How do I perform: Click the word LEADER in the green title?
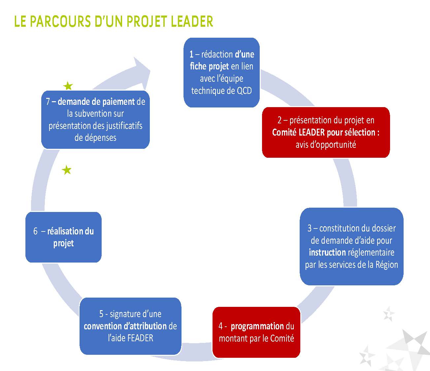pyautogui.click(x=192, y=21)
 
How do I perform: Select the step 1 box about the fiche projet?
pyautogui.click(x=221, y=72)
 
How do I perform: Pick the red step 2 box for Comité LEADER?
pyautogui.click(x=326, y=132)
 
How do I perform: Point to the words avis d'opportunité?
pyautogui.click(x=326, y=144)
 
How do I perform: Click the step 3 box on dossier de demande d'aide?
pyautogui.click(x=351, y=246)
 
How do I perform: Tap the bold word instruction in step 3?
pyautogui.click(x=327, y=252)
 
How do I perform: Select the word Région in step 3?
pyautogui.click(x=387, y=265)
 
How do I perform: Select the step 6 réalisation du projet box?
pyautogui.click(x=63, y=237)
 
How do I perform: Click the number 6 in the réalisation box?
pyautogui.click(x=35, y=231)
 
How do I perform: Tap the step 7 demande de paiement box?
pyautogui.click(x=95, y=120)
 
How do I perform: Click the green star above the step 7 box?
pyautogui.click(x=68, y=86)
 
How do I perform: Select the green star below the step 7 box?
pyautogui.click(x=67, y=170)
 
